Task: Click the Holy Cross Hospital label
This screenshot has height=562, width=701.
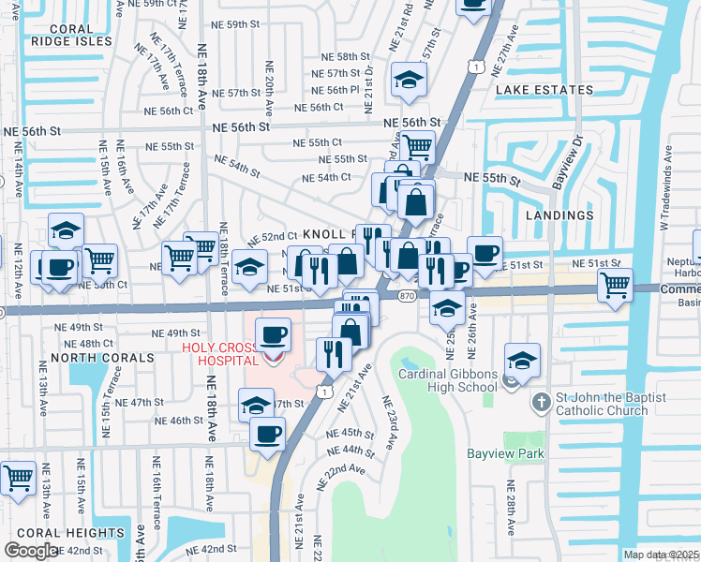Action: pos(220,353)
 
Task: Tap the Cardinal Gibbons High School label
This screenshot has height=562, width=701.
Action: pos(447,380)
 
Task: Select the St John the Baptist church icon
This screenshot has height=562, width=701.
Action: pos(541,403)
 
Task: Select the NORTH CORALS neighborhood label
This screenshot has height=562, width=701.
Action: pos(103,358)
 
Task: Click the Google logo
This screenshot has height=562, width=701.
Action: pos(31,551)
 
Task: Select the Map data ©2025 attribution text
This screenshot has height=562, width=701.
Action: pos(661,555)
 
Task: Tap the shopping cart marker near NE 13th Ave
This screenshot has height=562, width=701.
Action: pos(19,478)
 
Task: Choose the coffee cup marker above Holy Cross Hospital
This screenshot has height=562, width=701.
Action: pos(273,334)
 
